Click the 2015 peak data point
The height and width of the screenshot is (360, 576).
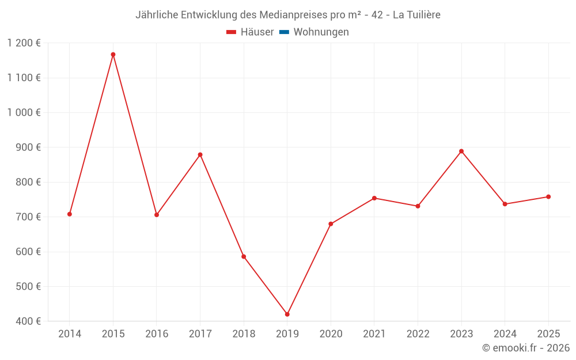[113, 55]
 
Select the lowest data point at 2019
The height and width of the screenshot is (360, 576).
[287, 314]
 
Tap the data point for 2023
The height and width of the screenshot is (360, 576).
[461, 151]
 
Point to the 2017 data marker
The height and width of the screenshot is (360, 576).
[200, 155]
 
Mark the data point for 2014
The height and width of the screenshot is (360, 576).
[70, 214]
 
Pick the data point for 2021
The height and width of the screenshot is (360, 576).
[374, 198]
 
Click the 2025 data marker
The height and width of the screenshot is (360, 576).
[548, 197]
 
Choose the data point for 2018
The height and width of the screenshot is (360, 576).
[244, 257]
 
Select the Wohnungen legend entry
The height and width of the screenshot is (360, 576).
[321, 32]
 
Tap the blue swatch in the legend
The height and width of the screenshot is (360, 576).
[284, 32]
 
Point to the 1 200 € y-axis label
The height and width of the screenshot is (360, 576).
[24, 43]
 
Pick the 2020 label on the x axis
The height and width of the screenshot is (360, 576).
[331, 334]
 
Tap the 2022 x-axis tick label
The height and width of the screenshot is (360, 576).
[418, 334]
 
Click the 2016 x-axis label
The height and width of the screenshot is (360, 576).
[157, 334]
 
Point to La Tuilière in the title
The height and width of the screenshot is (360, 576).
[416, 15]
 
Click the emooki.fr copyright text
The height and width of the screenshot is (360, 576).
[526, 348]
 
